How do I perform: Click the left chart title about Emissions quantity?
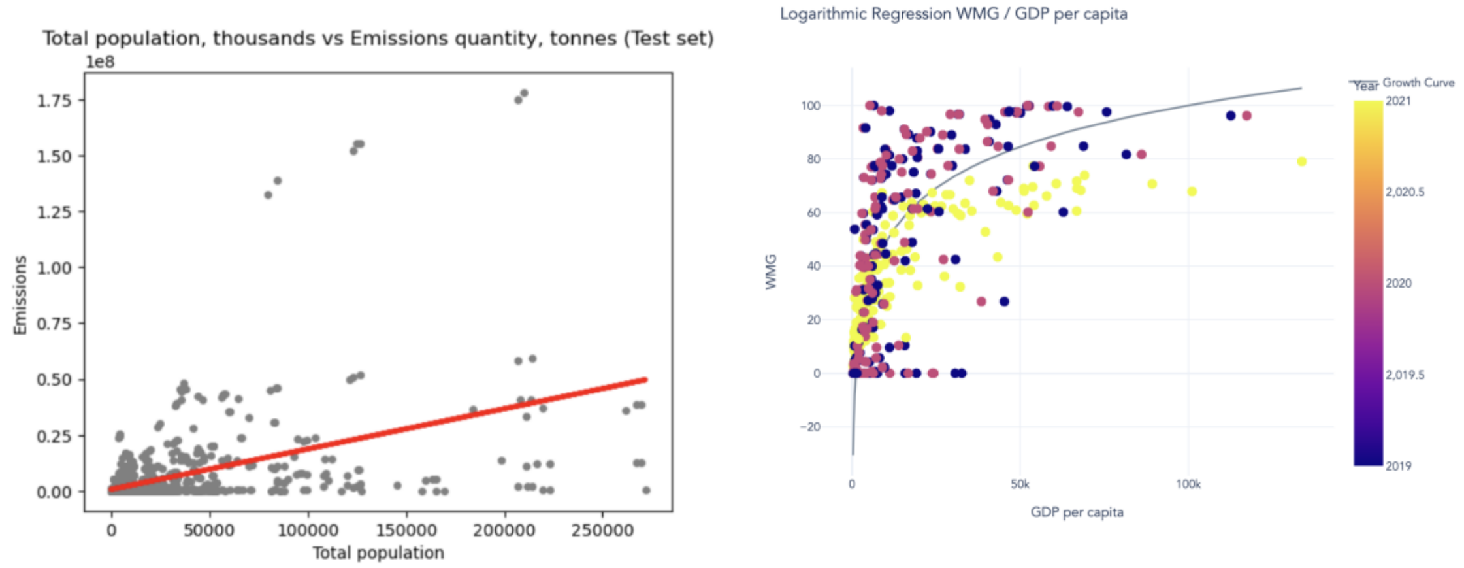tap(378, 39)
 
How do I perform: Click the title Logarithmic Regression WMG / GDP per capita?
tap(953, 14)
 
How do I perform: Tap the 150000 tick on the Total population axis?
tap(406, 530)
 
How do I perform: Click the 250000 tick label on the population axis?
tap(602, 530)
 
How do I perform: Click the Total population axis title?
tap(378, 553)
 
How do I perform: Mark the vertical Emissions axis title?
tap(20, 295)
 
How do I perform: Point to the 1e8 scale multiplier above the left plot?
tap(100, 62)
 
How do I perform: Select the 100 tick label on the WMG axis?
tap(811, 106)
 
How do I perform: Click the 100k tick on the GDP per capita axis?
tap(1188, 484)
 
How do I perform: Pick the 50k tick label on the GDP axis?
tap(1019, 484)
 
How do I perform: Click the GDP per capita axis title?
tap(1077, 512)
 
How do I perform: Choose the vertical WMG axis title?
tap(771, 271)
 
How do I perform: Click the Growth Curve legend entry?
tap(1418, 83)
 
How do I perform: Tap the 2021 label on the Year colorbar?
tap(1398, 101)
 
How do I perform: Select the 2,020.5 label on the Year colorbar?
tap(1405, 192)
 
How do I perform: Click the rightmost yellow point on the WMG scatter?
tap(1301, 161)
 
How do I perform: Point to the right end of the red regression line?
tap(645, 380)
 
